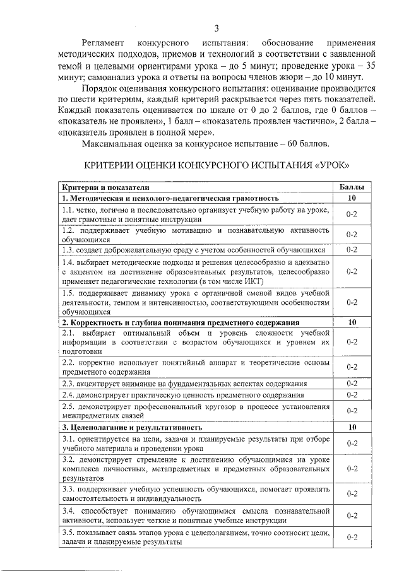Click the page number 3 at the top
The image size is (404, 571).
click(217, 28)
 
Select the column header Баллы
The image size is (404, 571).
click(352, 188)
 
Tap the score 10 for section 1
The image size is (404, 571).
click(352, 198)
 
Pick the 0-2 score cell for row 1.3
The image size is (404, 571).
click(352, 250)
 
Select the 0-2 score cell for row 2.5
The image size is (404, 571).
click(352, 411)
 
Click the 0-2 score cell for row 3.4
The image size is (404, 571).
click(352, 515)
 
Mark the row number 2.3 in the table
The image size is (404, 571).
click(69, 384)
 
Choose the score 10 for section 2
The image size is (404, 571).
click(352, 322)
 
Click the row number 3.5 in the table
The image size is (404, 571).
click(69, 533)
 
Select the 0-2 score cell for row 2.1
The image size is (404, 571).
click(352, 341)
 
